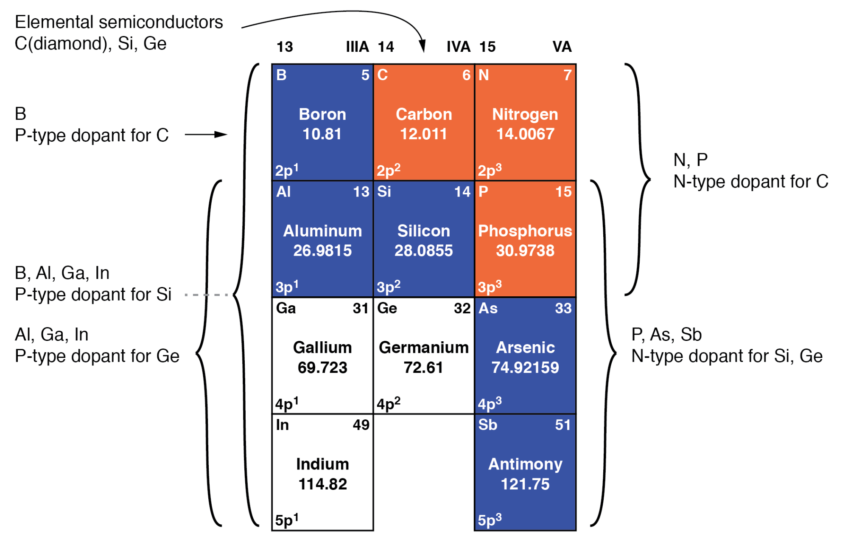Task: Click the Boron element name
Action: [322, 114]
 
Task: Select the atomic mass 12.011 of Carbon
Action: [423, 134]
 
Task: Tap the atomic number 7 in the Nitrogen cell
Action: [567, 75]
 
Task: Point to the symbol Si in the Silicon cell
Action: [384, 191]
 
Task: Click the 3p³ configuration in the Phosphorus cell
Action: [490, 287]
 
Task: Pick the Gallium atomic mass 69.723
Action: [322, 367]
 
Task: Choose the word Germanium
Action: [423, 347]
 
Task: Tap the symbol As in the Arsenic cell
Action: [488, 308]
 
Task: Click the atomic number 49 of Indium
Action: [361, 424]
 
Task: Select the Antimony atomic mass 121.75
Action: [525, 484]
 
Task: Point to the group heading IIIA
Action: [357, 47]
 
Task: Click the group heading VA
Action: [562, 47]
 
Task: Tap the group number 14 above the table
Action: [386, 47]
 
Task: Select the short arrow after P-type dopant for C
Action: [206, 135]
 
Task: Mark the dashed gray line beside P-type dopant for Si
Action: [206, 295]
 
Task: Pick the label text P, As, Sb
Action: [666, 335]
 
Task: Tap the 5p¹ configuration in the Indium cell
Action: [287, 520]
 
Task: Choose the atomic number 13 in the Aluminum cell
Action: [361, 191]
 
